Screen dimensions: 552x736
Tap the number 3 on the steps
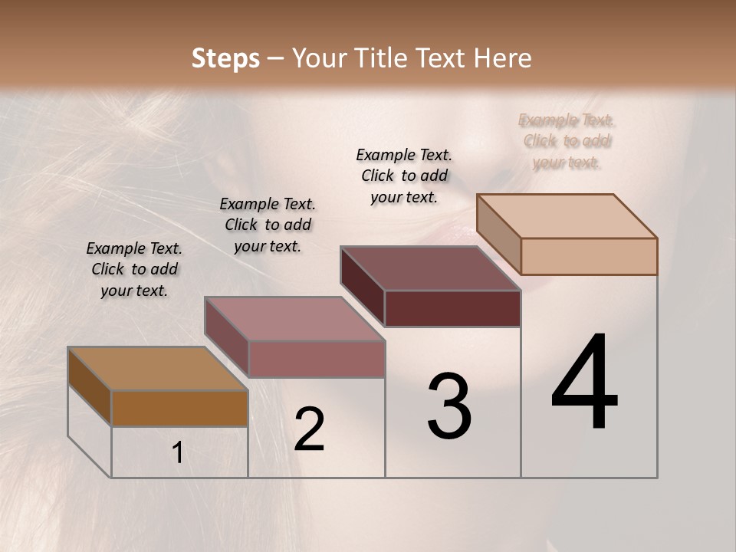point(449,406)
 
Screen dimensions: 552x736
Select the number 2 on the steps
point(309,429)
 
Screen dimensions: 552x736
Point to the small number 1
point(178,453)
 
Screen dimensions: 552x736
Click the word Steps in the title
point(225,58)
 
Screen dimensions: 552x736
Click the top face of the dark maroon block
point(431,268)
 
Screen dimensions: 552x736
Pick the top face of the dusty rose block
point(294,318)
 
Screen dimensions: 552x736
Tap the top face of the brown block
point(158,368)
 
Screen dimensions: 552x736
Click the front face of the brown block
point(179,408)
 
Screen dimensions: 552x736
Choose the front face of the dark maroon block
point(452,308)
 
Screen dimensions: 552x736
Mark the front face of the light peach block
point(589,256)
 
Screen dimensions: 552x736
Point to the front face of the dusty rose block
point(317,359)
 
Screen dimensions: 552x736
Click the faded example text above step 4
point(567,141)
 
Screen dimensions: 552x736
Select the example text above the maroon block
point(404,176)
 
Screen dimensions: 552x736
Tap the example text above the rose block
point(268,225)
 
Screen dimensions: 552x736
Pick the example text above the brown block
point(134,269)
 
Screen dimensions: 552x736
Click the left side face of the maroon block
point(362,285)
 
